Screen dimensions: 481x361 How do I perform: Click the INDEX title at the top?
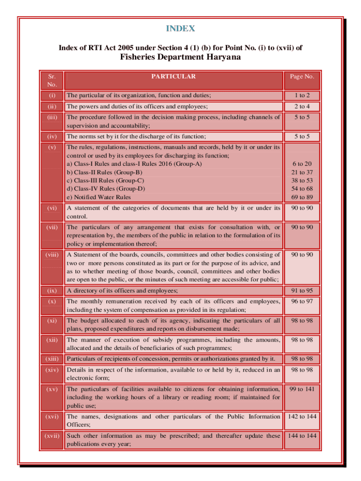(180, 29)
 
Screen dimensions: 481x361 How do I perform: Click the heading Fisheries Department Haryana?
(180, 57)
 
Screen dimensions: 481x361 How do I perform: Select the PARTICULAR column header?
(173, 77)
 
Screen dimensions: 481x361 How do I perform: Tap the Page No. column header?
(301, 77)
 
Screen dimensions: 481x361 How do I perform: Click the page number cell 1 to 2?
(301, 96)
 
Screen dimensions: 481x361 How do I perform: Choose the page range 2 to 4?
(301, 107)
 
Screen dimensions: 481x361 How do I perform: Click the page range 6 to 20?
(301, 163)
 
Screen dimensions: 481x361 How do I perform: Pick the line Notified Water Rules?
(99, 197)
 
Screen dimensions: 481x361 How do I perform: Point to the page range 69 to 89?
(301, 197)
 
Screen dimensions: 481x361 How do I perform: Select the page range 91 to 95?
(301, 291)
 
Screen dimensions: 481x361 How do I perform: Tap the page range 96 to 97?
(301, 301)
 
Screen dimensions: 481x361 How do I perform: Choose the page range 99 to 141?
(301, 389)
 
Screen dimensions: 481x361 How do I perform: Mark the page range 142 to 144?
(301, 417)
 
